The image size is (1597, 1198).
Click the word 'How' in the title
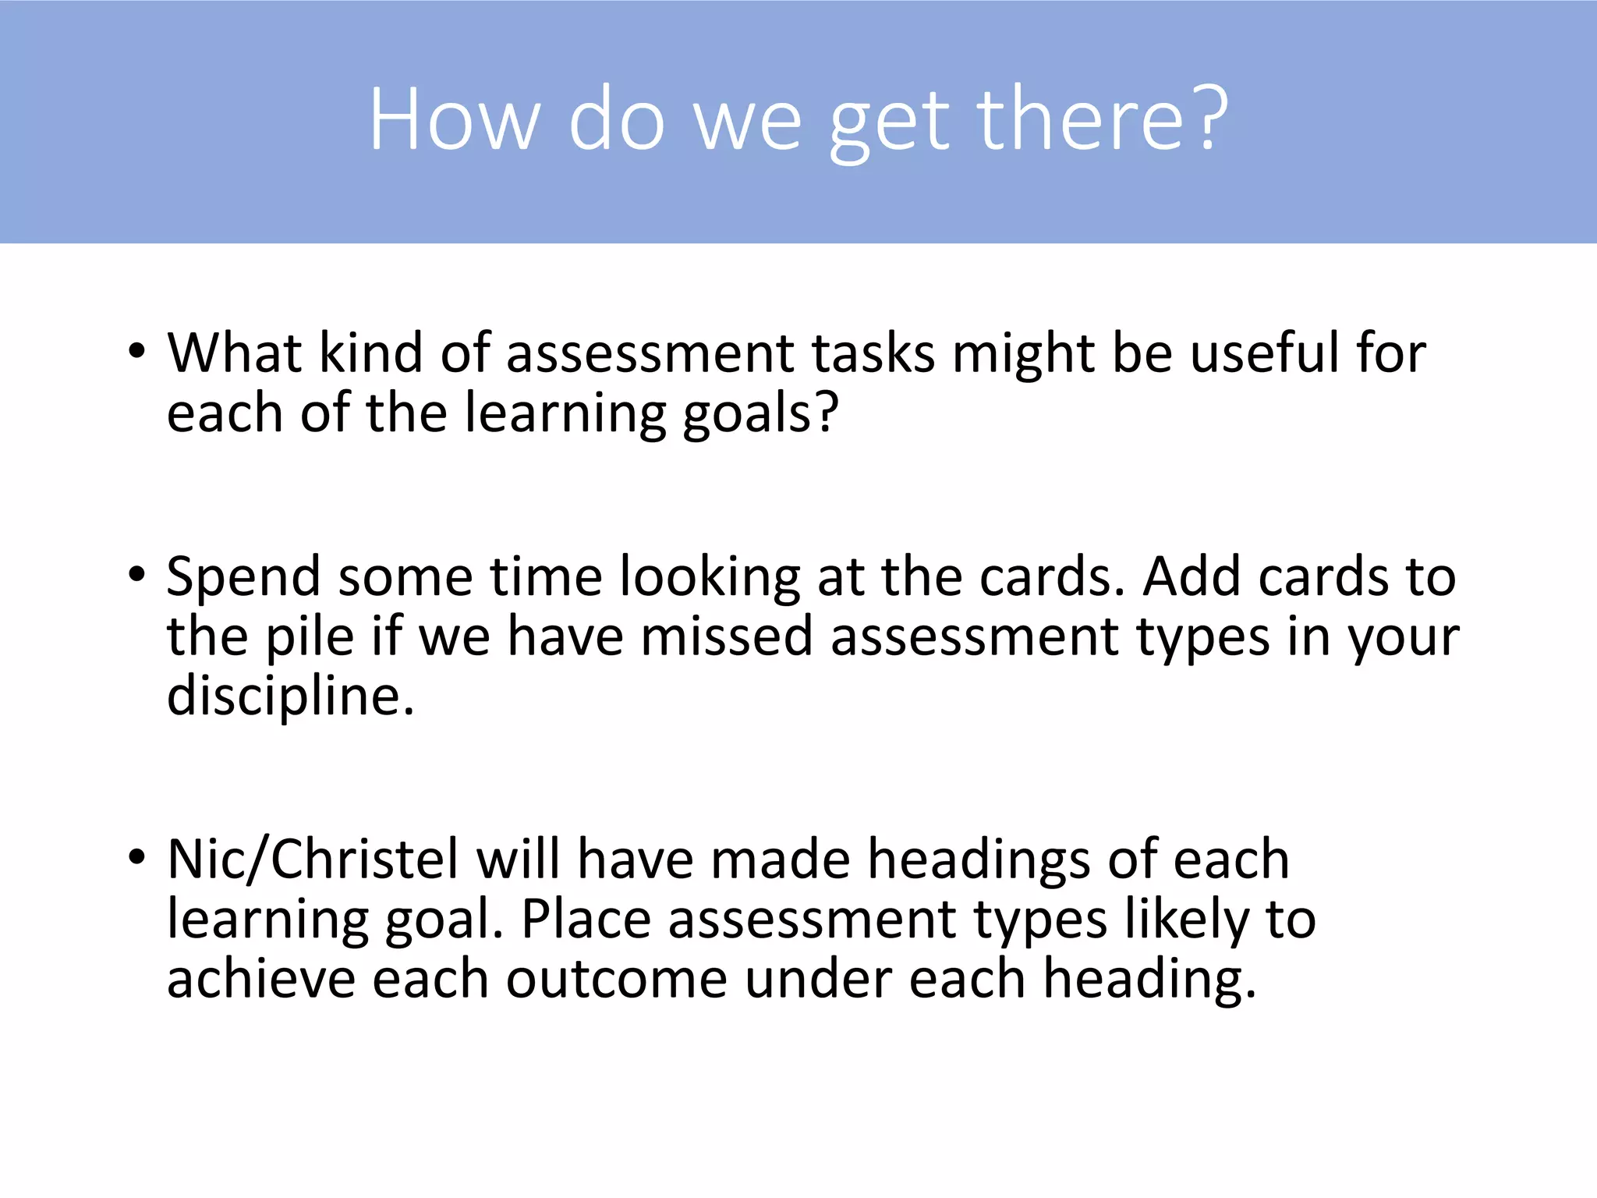[x=455, y=121]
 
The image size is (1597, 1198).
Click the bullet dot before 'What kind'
[x=137, y=351]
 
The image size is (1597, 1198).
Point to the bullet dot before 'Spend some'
[x=137, y=576]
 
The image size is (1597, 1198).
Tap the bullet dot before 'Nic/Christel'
[x=137, y=858]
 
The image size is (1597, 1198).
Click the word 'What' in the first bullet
[x=235, y=353]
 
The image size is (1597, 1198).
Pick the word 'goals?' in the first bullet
[x=761, y=413]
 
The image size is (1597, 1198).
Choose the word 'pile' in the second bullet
[x=310, y=638]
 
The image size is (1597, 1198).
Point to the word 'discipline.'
[x=290, y=696]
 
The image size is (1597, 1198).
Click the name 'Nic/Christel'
[x=313, y=860]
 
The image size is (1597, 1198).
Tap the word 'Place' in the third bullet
[x=586, y=920]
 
